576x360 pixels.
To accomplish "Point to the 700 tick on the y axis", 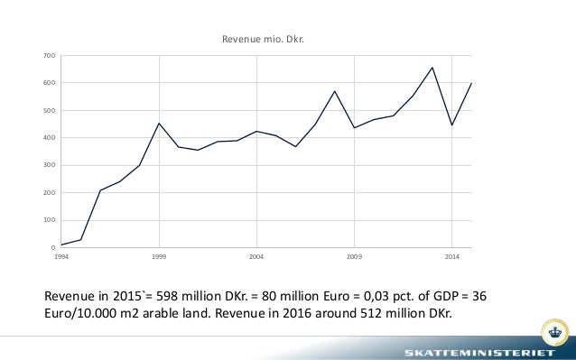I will pos(50,56).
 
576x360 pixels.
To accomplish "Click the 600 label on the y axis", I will pos(50,83).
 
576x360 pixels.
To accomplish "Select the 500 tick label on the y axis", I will pos(50,111).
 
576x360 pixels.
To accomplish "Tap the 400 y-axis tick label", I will pos(50,138).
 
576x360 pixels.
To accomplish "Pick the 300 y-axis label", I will pos(50,165).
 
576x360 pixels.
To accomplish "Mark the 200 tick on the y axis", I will pos(50,193).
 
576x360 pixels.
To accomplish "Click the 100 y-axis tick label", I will pos(50,220).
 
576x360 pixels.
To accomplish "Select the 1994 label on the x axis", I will pos(61,257).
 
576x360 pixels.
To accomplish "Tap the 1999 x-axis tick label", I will pos(159,257).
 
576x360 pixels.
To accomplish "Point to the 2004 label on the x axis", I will pos(256,257).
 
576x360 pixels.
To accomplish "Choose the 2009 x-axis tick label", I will pos(354,257).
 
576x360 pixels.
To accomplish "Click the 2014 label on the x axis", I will pos(451,257).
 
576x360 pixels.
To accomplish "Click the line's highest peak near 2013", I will pos(432,68).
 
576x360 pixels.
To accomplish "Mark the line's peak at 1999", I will pos(159,124).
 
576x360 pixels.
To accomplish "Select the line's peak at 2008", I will pos(334,91).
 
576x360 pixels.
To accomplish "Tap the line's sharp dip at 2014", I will pos(451,125).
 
